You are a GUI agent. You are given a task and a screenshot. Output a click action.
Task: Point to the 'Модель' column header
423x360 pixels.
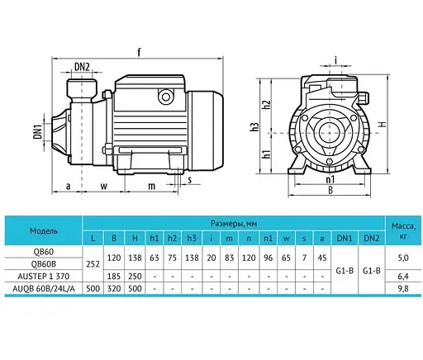pyautogui.click(x=44, y=230)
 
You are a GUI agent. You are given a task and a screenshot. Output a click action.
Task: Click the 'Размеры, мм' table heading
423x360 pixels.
pyautogui.click(x=235, y=222)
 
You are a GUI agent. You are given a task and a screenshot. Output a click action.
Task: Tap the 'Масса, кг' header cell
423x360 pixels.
pyautogui.click(x=404, y=230)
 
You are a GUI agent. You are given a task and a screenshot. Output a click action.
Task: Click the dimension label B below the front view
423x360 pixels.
pyautogui.click(x=331, y=189)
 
